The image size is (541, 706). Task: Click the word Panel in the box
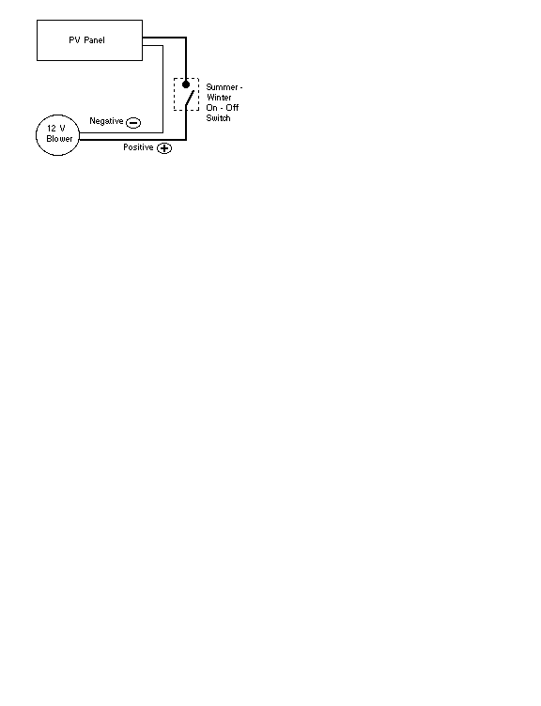(94, 40)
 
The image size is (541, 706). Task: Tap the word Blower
(59, 139)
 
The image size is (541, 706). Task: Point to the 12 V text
(55, 129)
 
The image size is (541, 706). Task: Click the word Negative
(106, 121)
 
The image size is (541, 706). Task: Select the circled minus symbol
(133, 122)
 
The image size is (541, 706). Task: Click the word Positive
(138, 147)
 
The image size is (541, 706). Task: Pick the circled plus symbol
(164, 148)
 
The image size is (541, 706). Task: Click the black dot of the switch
(186, 84)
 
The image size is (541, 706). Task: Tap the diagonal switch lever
(190, 99)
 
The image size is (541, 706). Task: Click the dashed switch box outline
(175, 94)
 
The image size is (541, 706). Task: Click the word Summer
(222, 87)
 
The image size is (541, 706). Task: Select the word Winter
(219, 98)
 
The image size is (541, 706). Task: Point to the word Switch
(218, 118)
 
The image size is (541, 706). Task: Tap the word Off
(232, 108)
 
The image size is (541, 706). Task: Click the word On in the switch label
(211, 108)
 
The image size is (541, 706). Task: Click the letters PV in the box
(74, 40)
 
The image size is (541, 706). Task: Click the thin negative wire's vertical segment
(162, 88)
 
